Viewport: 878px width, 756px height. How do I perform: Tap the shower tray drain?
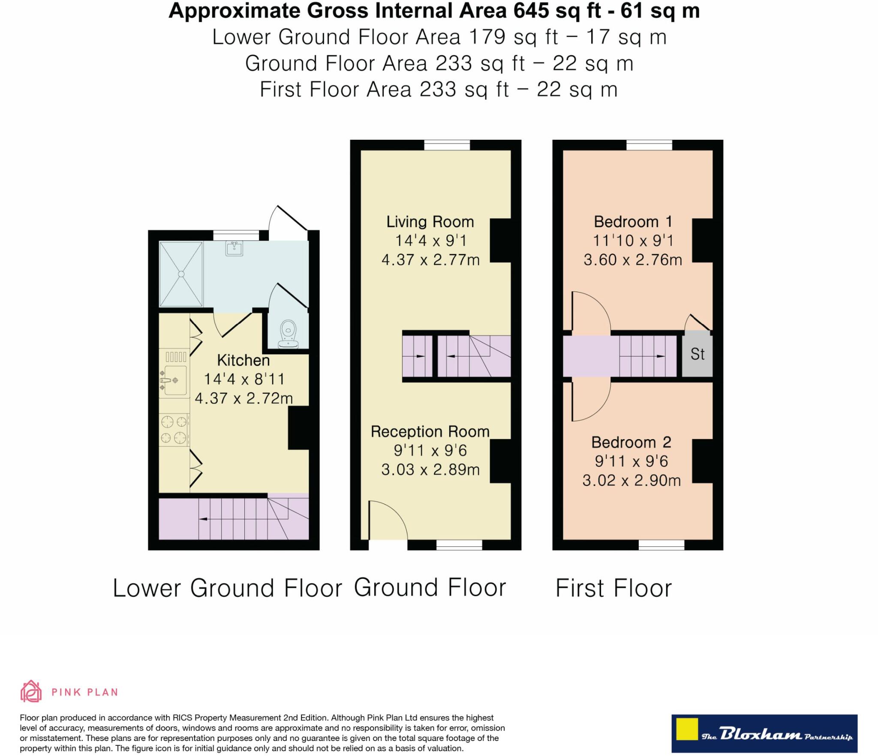(x=181, y=274)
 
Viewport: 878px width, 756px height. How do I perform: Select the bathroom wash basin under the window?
(x=234, y=248)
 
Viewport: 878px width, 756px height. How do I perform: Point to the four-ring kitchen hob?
(x=174, y=430)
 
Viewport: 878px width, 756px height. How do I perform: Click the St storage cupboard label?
(x=697, y=354)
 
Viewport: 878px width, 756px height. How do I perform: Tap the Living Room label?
(x=430, y=222)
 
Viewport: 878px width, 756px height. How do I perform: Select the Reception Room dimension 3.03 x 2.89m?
(x=430, y=470)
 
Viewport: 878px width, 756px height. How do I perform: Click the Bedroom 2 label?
(x=631, y=442)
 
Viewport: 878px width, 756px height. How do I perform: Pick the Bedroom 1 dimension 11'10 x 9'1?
(x=633, y=241)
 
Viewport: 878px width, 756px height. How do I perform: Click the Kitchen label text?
(x=243, y=360)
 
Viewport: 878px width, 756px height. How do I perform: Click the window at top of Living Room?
(x=447, y=145)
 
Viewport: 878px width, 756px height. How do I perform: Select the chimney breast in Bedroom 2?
(x=702, y=461)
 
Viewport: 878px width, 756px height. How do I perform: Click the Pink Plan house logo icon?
(x=31, y=691)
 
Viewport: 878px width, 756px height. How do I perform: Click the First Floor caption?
(x=613, y=588)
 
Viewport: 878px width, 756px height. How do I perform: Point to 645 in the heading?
(x=531, y=11)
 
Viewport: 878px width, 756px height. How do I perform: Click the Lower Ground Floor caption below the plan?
(x=227, y=588)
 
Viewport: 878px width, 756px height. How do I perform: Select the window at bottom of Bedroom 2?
(x=661, y=545)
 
